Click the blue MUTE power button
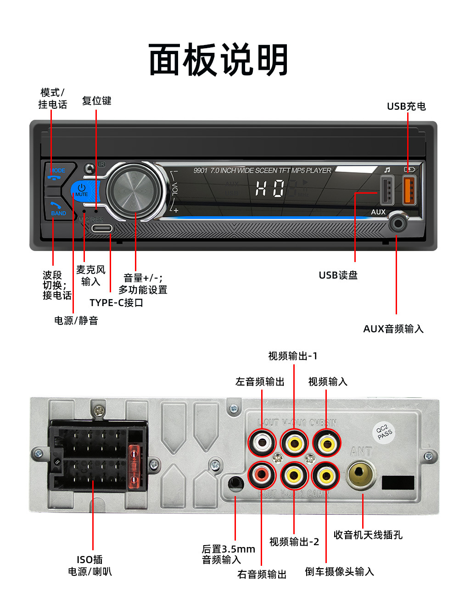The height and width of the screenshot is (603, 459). click(83, 190)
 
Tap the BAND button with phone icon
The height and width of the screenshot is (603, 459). click(58, 209)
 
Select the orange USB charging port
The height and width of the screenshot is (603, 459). click(409, 190)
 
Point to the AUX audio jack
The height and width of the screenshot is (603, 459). click(397, 224)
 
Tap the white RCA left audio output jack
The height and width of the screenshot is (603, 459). click(262, 442)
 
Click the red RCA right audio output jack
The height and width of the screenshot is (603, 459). click(262, 474)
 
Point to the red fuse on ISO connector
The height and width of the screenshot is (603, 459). click(134, 466)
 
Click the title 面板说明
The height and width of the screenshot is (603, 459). click(218, 60)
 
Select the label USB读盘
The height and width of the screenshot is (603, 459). click(338, 275)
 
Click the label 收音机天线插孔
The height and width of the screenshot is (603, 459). click(368, 535)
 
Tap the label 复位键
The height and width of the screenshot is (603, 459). click(96, 100)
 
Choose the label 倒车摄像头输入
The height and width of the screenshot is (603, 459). click(339, 571)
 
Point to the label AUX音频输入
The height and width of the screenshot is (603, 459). click(393, 329)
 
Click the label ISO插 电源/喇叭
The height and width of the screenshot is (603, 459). click(90, 565)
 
